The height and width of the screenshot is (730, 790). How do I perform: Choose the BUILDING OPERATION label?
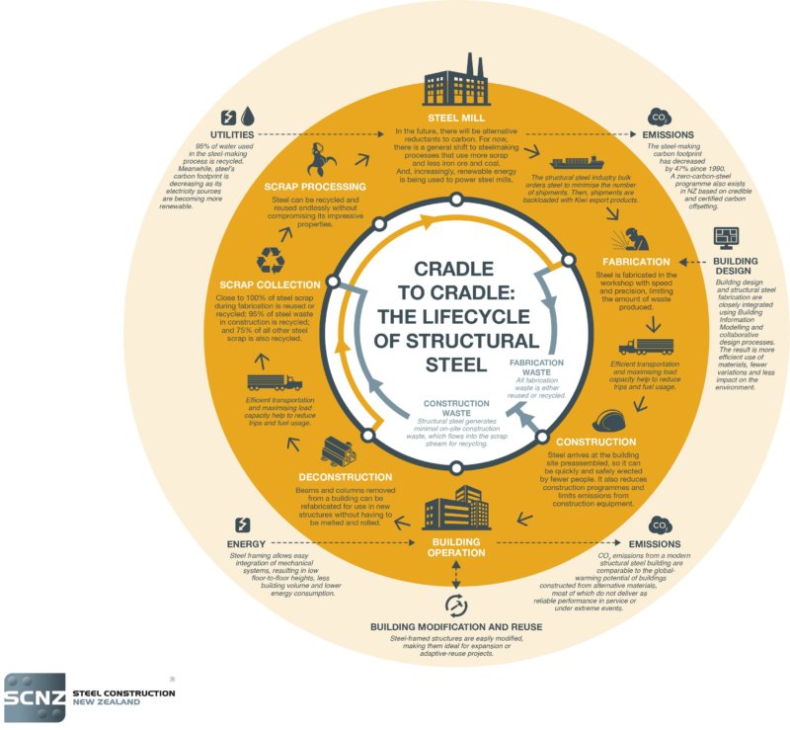pyautogui.click(x=456, y=547)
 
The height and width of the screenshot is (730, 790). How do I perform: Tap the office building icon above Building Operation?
pyautogui.click(x=456, y=509)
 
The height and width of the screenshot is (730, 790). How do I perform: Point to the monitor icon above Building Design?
pyautogui.click(x=727, y=238)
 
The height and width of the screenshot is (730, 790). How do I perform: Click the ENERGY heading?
pyautogui.click(x=244, y=544)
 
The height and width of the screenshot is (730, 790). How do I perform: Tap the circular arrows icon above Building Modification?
pyautogui.click(x=456, y=605)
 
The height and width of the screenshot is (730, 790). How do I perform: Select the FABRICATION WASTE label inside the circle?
pyautogui.click(x=538, y=367)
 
